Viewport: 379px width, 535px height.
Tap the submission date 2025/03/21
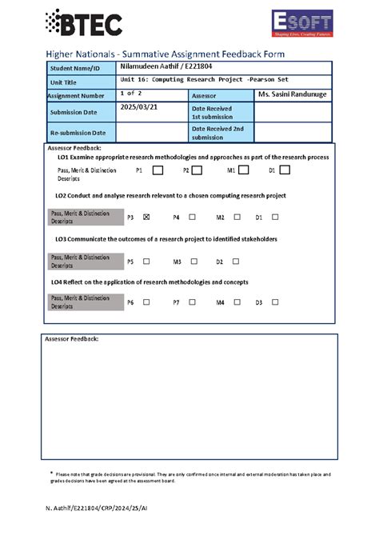[x=140, y=107]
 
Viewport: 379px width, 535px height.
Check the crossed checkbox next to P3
[x=146, y=217]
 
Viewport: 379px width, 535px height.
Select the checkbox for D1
[x=285, y=170]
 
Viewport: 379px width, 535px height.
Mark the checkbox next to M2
[x=237, y=217]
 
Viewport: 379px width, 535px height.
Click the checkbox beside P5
[x=146, y=261]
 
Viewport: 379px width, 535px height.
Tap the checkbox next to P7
[x=192, y=302]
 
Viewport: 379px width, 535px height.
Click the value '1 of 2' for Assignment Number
[x=133, y=94]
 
